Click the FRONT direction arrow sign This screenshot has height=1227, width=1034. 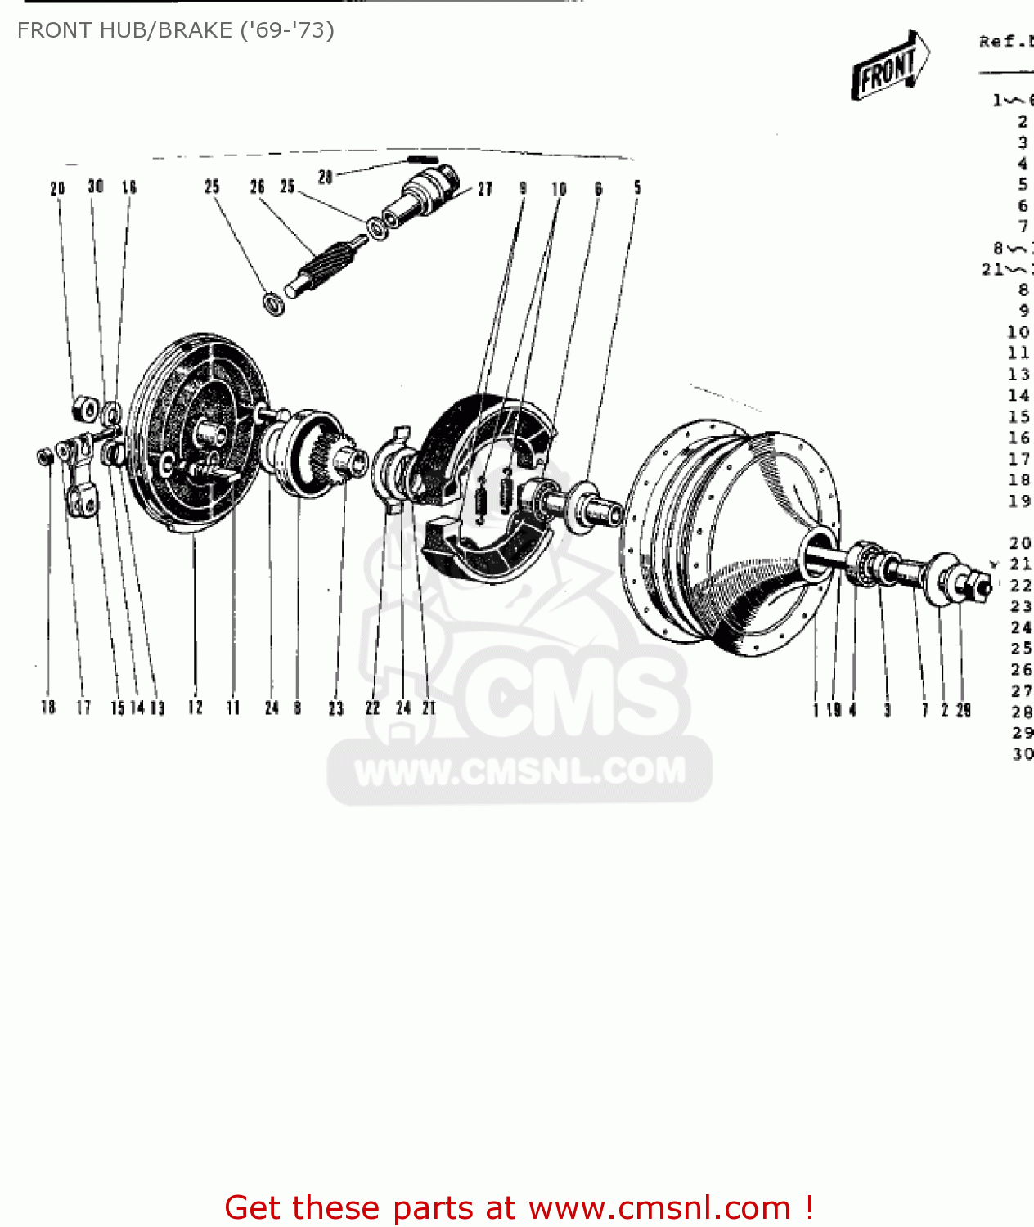[x=889, y=65]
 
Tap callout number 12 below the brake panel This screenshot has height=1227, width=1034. [x=195, y=708]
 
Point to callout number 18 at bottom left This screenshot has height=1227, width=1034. [x=48, y=708]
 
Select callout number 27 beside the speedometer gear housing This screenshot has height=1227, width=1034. [x=485, y=189]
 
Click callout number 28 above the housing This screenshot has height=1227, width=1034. [x=326, y=177]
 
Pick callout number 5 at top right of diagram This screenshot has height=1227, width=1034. [x=637, y=188]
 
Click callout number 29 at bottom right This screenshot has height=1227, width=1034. [x=964, y=710]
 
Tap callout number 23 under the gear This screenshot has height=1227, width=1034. [x=335, y=708]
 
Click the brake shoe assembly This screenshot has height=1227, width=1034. [x=483, y=491]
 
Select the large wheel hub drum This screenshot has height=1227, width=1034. [x=728, y=536]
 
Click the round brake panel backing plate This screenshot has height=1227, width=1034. [x=196, y=434]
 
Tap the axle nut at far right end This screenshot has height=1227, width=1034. [x=976, y=586]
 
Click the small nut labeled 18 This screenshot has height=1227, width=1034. [x=45, y=456]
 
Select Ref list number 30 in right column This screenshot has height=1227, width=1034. [x=1022, y=754]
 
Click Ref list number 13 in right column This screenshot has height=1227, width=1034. [x=1018, y=375]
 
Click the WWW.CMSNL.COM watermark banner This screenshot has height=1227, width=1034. [x=519, y=771]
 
